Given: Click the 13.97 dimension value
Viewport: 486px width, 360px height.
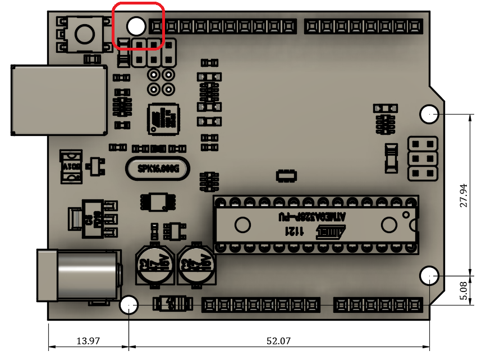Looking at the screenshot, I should (x=88, y=341).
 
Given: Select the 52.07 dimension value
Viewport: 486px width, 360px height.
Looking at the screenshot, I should (x=278, y=341).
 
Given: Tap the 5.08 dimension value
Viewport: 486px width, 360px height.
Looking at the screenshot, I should (x=464, y=291).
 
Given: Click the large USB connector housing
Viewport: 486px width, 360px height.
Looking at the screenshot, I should (x=59, y=100).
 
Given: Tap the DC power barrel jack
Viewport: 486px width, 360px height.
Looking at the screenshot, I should (x=78, y=275).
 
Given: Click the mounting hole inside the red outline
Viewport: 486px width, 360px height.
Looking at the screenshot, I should (x=136, y=26).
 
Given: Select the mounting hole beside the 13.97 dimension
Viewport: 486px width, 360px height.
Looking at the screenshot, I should (x=129, y=305).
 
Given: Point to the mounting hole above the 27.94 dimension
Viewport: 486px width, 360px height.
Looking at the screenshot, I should (x=429, y=114).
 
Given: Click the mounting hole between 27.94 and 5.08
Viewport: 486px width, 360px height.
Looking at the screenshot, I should (x=429, y=276).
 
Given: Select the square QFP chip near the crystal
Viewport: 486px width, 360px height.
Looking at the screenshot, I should (x=163, y=119).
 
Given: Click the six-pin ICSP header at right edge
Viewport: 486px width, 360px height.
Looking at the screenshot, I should (x=423, y=158).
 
